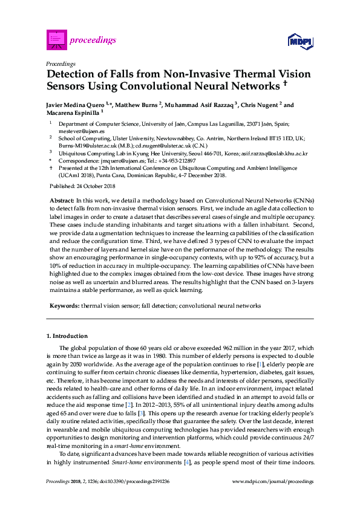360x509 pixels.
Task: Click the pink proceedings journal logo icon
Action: coord(56,39)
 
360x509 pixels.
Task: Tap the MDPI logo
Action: coord(300,41)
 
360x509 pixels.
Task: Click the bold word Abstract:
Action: coord(61,199)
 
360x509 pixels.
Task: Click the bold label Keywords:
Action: coord(64,306)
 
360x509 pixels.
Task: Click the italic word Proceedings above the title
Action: coord(61,63)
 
